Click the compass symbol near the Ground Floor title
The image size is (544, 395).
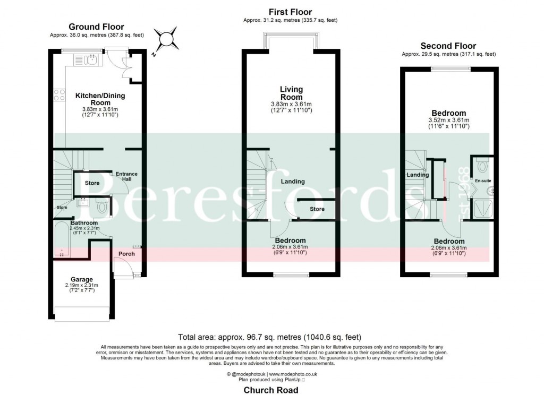click(x=166, y=38)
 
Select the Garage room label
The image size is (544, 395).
click(x=82, y=279)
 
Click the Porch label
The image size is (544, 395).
click(x=126, y=254)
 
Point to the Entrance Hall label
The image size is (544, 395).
click(x=126, y=177)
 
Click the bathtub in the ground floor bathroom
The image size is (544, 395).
click(x=63, y=240)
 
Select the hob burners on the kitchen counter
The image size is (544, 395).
click(x=59, y=96)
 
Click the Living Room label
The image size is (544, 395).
click(x=291, y=93)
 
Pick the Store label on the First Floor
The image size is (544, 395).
click(x=317, y=209)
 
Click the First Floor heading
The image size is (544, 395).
click(x=290, y=12)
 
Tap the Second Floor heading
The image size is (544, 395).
click(x=448, y=46)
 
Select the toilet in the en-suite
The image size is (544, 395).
click(x=483, y=167)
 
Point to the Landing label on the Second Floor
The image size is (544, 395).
click(x=418, y=175)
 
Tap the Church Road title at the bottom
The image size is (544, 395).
click(x=271, y=390)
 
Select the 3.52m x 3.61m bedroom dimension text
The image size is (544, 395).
click(x=449, y=121)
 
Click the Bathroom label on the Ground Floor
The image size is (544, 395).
click(x=84, y=223)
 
